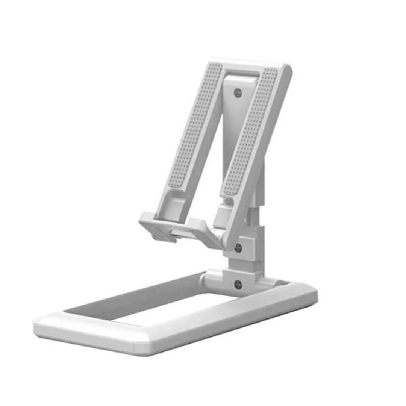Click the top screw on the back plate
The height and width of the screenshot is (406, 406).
tap(237, 92)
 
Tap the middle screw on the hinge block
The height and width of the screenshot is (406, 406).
tap(238, 248)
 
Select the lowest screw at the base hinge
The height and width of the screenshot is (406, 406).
tap(238, 285)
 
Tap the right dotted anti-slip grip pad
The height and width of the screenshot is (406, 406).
tap(250, 132)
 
